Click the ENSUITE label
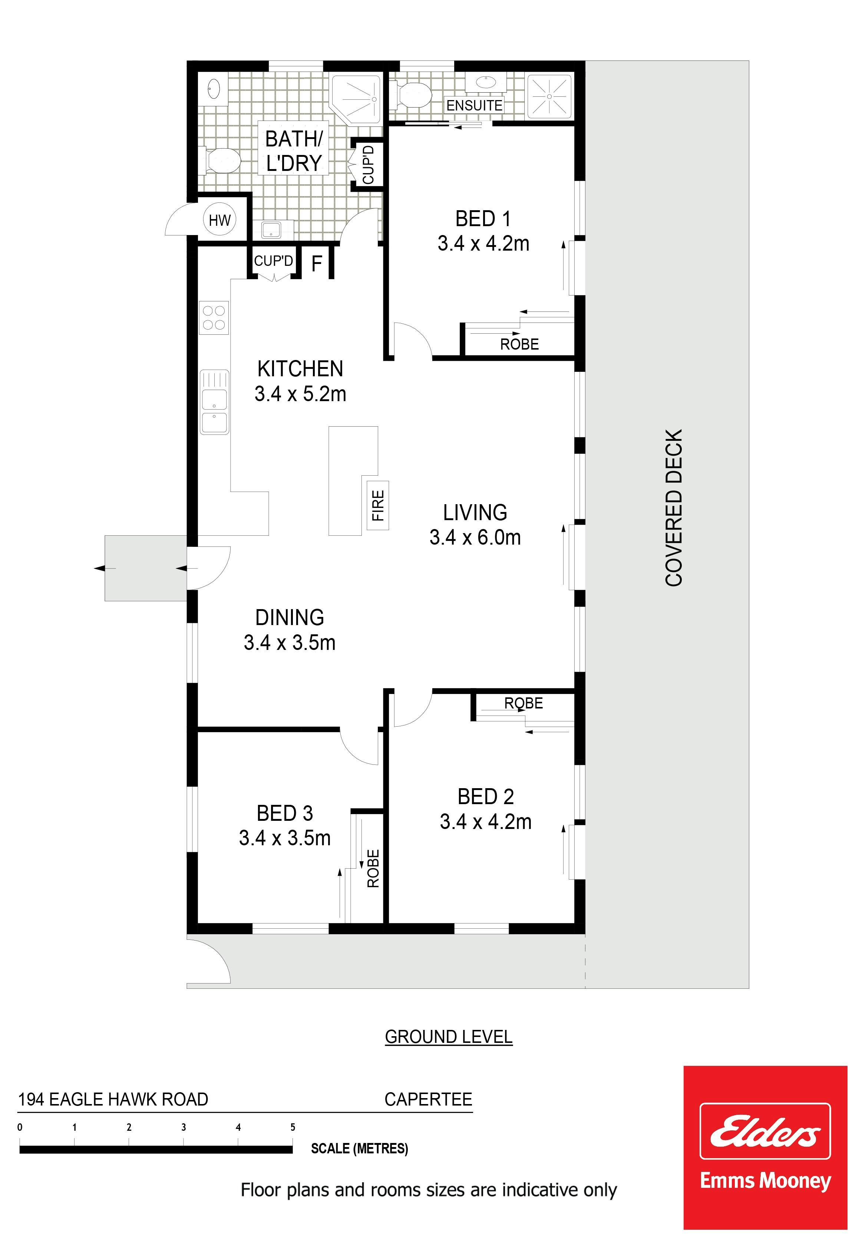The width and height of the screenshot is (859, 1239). [474, 106]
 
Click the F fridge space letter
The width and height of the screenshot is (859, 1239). [317, 264]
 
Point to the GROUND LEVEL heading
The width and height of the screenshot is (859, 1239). [449, 1036]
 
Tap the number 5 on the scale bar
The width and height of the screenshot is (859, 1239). [293, 1127]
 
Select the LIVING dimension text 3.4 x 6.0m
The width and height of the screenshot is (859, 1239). [475, 537]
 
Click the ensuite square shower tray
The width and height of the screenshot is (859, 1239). [549, 95]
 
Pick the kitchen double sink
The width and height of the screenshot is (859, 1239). [214, 402]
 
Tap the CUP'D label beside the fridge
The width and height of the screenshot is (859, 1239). [273, 261]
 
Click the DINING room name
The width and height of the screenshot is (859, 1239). [290, 617]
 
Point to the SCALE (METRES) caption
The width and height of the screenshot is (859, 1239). [360, 1149]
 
